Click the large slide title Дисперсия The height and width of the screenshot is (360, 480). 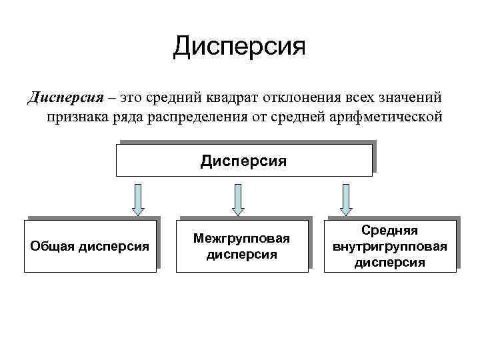[x=239, y=47]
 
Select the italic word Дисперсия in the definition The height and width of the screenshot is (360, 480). [x=65, y=98]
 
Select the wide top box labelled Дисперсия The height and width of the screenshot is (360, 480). [x=244, y=160]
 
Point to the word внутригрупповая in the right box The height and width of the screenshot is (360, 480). [x=390, y=246]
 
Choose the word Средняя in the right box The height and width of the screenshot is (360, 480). [x=390, y=230]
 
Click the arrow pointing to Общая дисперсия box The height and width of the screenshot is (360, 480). [x=139, y=199]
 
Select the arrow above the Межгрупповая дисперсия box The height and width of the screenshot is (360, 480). [x=238, y=199]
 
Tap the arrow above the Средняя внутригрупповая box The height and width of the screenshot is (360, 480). [x=346, y=199]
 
